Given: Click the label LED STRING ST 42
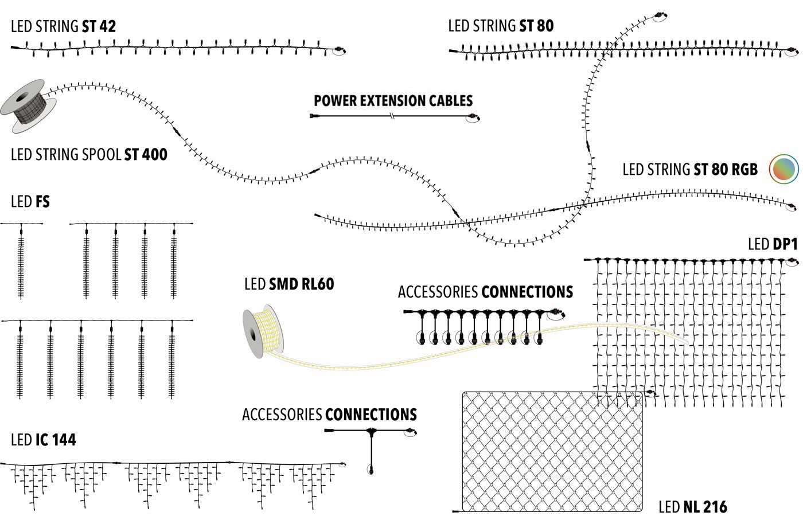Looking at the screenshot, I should (x=63, y=26).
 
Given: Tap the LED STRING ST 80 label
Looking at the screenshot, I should (x=501, y=26).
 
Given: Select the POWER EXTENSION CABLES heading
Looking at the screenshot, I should (x=393, y=101).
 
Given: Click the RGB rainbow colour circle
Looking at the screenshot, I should (x=784, y=169).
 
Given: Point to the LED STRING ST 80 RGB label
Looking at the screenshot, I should (x=689, y=170).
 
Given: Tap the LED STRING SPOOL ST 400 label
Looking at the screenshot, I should (x=89, y=155).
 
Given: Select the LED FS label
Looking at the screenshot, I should (x=30, y=202).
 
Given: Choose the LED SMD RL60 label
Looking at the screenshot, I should (x=289, y=284).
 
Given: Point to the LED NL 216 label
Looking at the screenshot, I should (x=692, y=507).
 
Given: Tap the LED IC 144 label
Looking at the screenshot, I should (x=43, y=440).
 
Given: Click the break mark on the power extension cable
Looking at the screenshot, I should (x=392, y=117).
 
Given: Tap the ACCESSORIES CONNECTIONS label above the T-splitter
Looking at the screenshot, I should (x=329, y=415).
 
